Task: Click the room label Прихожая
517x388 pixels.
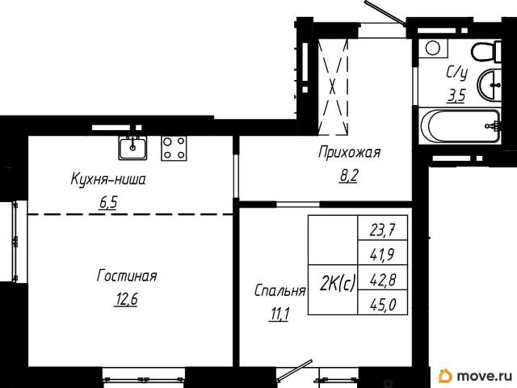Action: pos(349,152)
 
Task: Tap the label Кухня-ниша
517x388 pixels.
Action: pos(108,179)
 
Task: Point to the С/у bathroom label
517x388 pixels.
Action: pos(456,74)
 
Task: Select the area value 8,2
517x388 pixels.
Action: pos(348,175)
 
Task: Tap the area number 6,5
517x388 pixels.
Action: pos(108,202)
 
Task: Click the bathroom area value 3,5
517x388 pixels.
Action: pos(456,98)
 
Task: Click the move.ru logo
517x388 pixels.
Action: pos(476,375)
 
